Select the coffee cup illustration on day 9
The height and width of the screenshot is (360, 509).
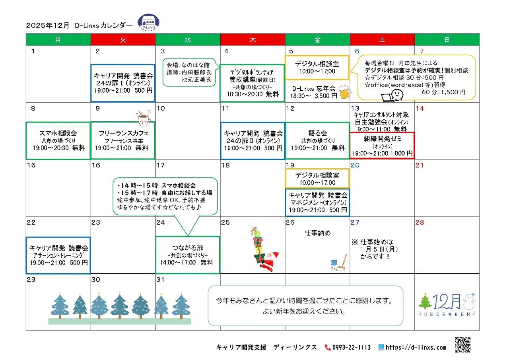(143, 118)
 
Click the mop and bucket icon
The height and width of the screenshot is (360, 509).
(338, 263)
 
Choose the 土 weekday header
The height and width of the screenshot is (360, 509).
(382, 40)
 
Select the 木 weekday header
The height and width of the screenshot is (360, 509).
(253, 40)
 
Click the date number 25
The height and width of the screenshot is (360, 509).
(225, 222)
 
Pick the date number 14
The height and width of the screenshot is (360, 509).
(420, 108)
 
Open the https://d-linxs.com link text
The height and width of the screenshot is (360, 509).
(416, 347)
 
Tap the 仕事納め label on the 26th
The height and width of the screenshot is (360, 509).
(317, 233)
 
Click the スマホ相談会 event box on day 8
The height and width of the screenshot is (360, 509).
(58, 140)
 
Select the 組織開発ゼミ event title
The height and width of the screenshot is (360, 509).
(383, 139)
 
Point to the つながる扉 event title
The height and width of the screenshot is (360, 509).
(187, 248)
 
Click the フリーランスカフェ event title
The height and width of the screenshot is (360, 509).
(123, 133)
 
